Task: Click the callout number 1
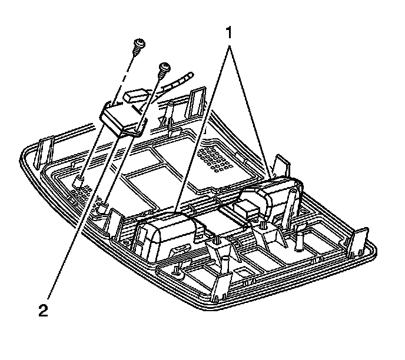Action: point(229,31)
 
